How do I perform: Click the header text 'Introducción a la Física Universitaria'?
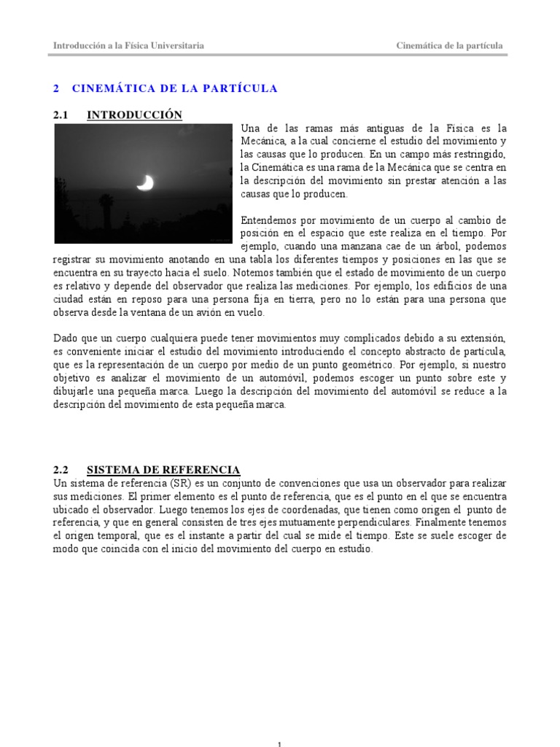click(x=128, y=45)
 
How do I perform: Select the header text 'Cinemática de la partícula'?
click(x=449, y=45)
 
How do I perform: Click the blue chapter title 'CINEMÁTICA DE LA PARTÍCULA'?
click(x=175, y=88)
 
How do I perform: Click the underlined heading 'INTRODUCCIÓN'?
click(x=134, y=115)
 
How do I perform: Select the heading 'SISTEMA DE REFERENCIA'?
click(x=163, y=469)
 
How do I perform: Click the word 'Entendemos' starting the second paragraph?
click(x=270, y=220)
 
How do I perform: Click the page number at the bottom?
click(x=280, y=743)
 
